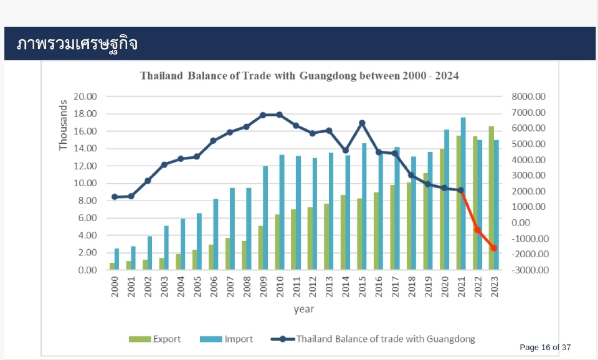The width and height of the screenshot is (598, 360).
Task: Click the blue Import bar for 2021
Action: click(x=463, y=194)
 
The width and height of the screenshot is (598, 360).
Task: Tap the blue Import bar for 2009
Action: click(x=265, y=218)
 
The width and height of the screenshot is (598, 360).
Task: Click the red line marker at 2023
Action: click(x=494, y=248)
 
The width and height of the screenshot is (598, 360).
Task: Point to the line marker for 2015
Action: click(x=362, y=123)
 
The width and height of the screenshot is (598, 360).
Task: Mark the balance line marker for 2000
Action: click(x=115, y=197)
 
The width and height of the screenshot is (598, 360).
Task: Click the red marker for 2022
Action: click(x=477, y=230)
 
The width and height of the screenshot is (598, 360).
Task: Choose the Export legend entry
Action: click(x=155, y=339)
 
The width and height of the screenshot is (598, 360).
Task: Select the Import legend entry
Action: click(x=227, y=339)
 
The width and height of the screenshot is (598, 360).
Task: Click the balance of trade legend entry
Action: click(x=373, y=339)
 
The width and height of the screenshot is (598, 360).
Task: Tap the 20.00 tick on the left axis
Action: click(x=85, y=97)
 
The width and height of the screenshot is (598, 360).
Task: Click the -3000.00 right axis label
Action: click(x=529, y=270)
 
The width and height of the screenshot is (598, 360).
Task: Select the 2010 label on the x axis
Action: click(x=280, y=286)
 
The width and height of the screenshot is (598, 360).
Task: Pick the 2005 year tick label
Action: click(x=197, y=286)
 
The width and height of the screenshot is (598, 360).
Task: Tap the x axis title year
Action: click(x=304, y=309)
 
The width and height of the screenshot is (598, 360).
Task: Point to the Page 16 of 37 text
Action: click(x=545, y=347)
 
